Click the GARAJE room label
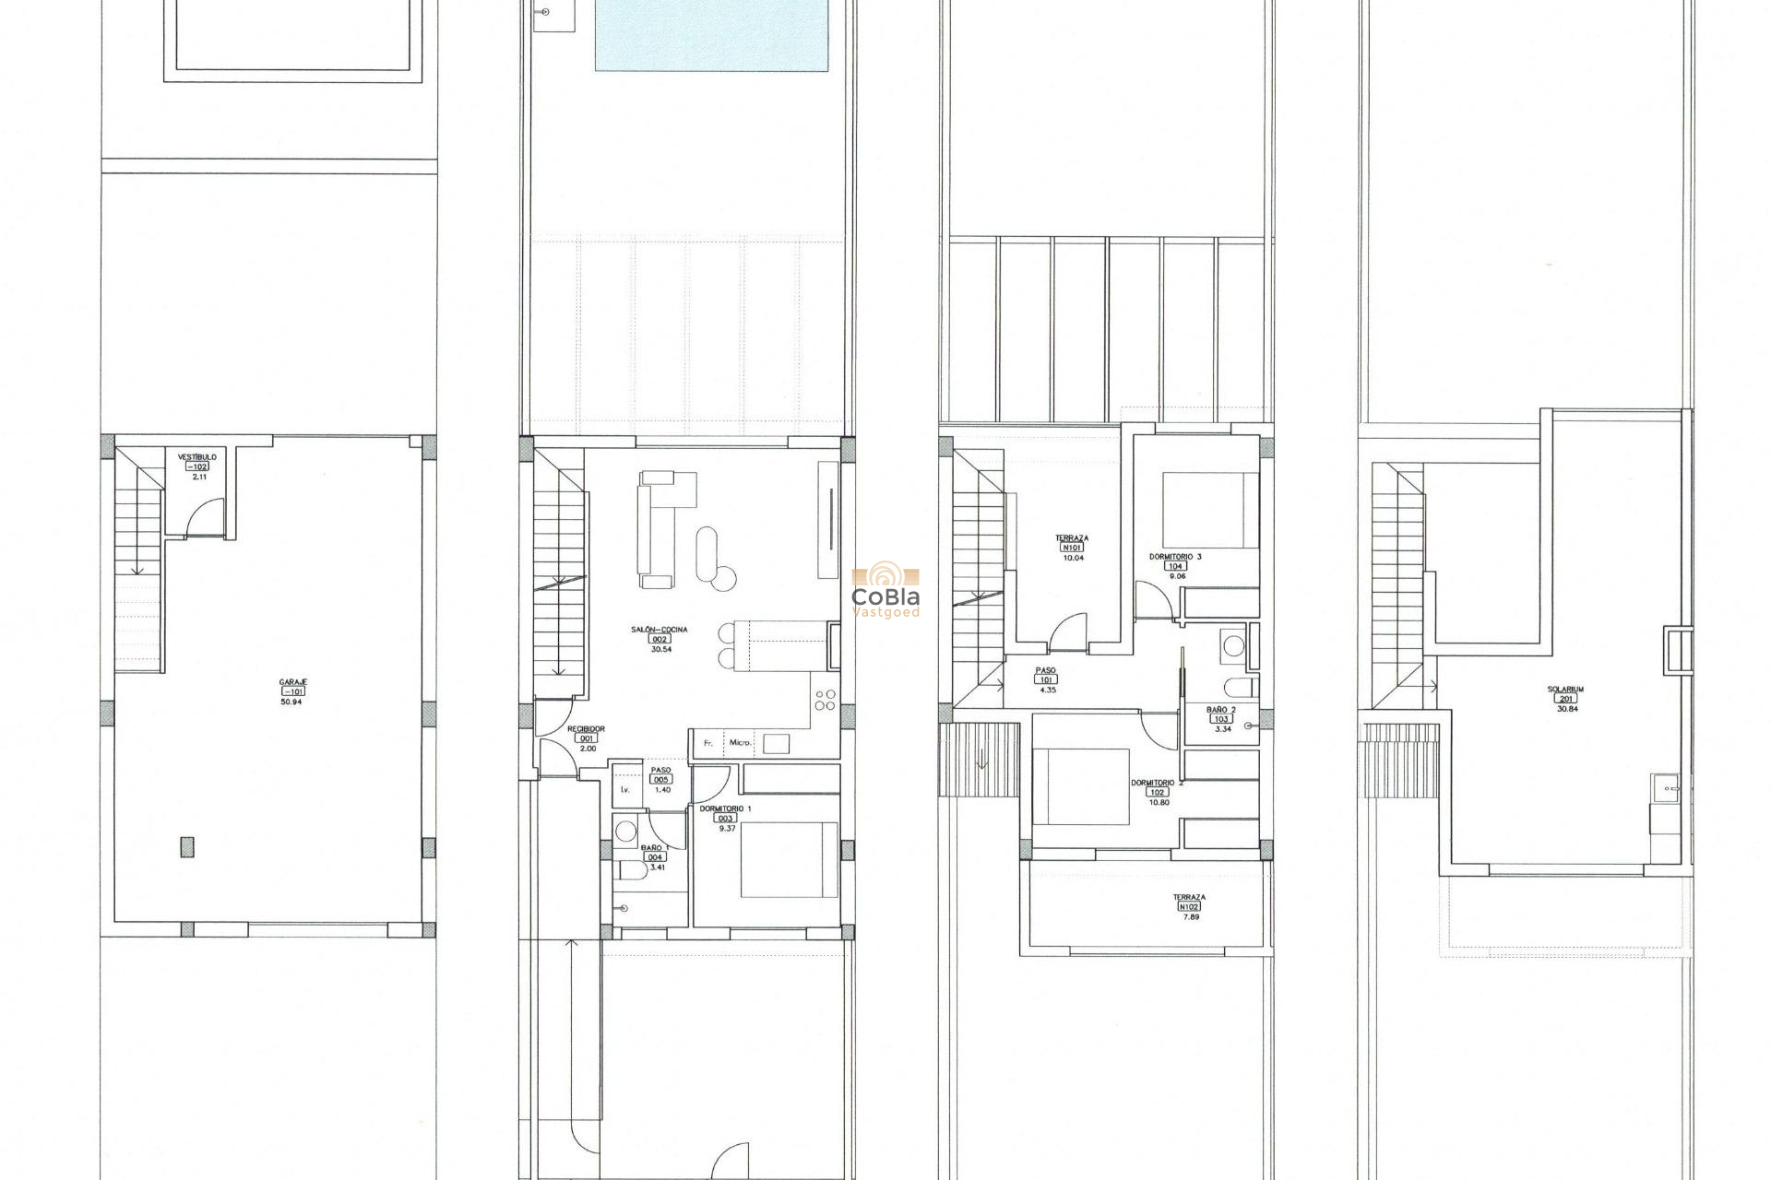coord(293,682)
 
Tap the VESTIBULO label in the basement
coord(197,457)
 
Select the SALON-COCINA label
coord(659,630)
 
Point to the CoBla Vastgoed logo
coord(885,592)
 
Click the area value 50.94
coord(291,702)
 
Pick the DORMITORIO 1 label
coord(725,808)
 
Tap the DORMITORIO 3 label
coord(1174,557)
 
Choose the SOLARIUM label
coord(1565,690)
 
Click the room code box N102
coord(1189,907)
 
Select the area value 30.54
coord(660,649)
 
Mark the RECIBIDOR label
coord(586,729)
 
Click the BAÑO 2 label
coord(1221,710)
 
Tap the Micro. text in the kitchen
coord(741,743)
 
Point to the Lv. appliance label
coord(625,789)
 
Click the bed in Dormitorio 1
coord(789,859)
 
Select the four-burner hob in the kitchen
coord(826,701)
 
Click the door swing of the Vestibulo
coord(207,518)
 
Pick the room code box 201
coord(1566,699)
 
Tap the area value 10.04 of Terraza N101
coord(1072,558)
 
